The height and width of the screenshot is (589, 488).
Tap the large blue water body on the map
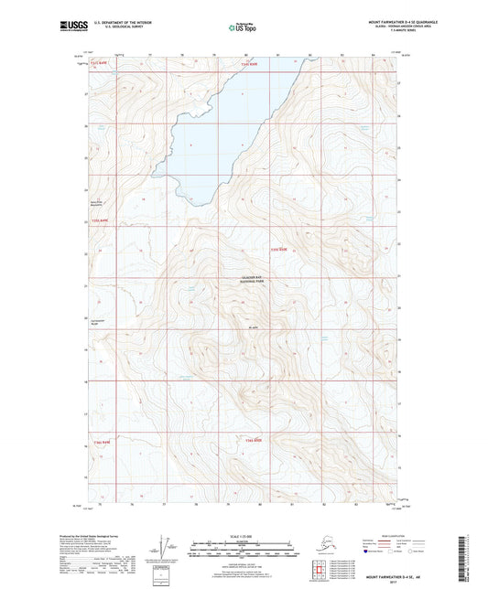click(x=229, y=128)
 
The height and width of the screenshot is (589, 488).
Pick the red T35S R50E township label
click(x=278, y=249)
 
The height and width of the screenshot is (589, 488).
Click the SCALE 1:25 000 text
click(x=243, y=533)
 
